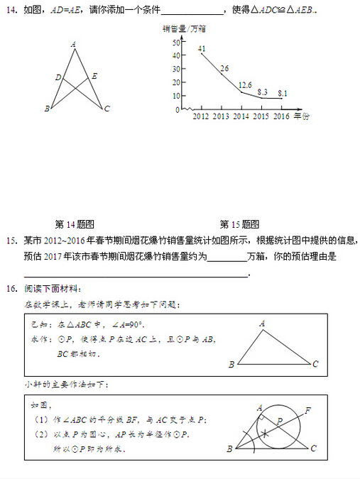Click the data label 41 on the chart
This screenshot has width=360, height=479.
point(202,48)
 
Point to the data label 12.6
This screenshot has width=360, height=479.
point(245,84)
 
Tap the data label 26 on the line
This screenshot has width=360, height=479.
point(224,68)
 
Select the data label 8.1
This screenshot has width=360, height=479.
point(282,93)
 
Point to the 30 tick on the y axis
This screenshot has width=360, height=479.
point(177,70)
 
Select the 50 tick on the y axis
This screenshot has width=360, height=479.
point(177,43)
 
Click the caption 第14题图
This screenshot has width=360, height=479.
point(75,224)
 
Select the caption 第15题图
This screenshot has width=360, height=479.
point(239,224)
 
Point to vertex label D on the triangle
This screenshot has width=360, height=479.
point(58,77)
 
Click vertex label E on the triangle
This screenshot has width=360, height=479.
point(94,76)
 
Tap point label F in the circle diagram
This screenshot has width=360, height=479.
point(307,410)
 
